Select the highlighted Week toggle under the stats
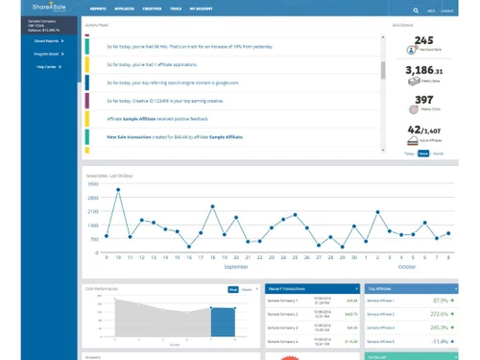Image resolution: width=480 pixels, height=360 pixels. click(x=423, y=153)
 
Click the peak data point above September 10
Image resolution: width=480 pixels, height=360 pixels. click(x=118, y=189)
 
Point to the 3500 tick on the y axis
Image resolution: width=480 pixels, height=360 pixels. click(x=93, y=183)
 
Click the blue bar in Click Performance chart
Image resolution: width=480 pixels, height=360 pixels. click(x=223, y=322)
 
